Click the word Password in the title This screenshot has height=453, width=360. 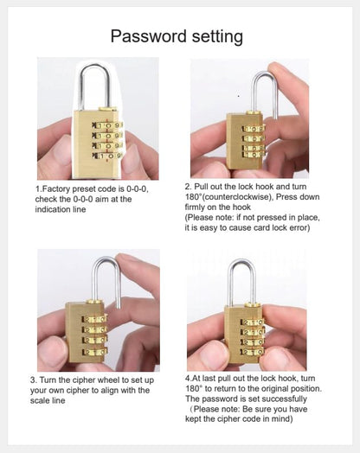(x=148, y=36)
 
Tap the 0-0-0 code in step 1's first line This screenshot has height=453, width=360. (x=137, y=189)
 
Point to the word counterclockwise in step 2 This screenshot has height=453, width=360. (x=238, y=197)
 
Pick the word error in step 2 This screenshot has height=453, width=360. (x=299, y=227)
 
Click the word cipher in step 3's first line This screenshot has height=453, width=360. (x=84, y=380)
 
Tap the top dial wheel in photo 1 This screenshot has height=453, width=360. (x=107, y=125)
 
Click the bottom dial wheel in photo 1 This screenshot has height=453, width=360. (x=107, y=156)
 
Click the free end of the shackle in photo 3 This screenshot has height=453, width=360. (x=118, y=307)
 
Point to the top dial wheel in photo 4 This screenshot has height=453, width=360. (x=253, y=322)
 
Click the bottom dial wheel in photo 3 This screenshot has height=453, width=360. (x=95, y=352)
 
